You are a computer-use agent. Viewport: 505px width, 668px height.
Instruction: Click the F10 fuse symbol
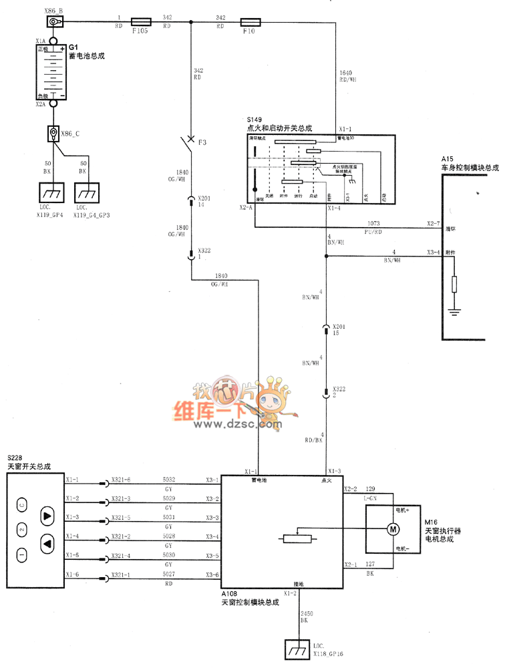click(x=248, y=21)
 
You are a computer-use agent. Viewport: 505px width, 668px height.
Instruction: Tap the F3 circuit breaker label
click(x=203, y=143)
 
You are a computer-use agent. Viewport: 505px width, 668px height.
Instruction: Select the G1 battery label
click(x=73, y=48)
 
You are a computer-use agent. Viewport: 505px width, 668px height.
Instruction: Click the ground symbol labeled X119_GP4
click(x=48, y=193)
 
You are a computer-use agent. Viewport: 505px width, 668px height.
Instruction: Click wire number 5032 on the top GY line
click(x=169, y=480)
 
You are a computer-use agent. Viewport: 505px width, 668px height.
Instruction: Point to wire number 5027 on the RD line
click(x=169, y=574)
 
